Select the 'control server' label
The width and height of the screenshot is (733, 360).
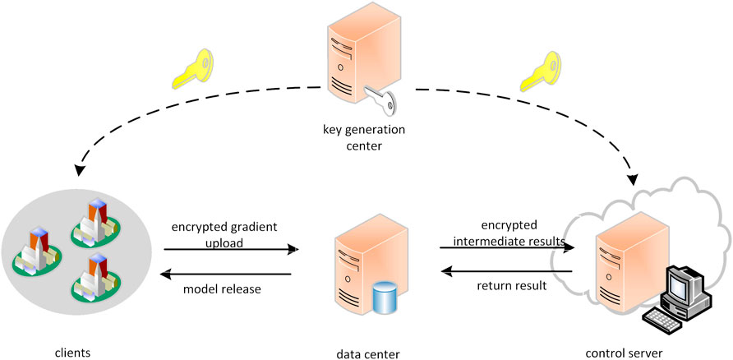pyautogui.click(x=624, y=353)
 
